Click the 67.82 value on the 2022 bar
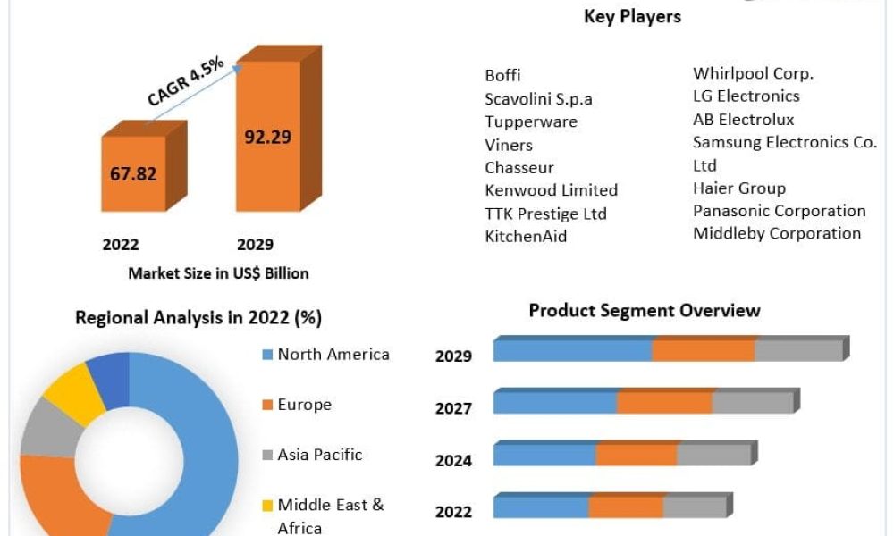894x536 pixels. (133, 173)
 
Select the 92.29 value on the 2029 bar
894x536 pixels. (267, 137)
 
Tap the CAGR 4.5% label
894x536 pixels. (186, 81)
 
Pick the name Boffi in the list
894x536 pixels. (502, 75)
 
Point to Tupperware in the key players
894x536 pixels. (531, 121)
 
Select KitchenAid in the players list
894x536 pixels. (526, 237)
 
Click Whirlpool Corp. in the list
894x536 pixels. (753, 73)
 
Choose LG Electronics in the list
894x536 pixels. (746, 96)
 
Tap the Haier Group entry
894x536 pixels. (739, 188)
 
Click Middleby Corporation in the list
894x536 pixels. (777, 233)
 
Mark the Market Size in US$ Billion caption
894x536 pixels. (218, 273)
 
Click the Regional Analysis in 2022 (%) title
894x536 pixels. (198, 317)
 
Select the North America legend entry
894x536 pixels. (333, 355)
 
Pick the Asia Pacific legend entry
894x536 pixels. (319, 455)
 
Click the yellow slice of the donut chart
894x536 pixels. (73, 393)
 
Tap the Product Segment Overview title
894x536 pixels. (645, 311)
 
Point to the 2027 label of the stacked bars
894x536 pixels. (453, 408)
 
